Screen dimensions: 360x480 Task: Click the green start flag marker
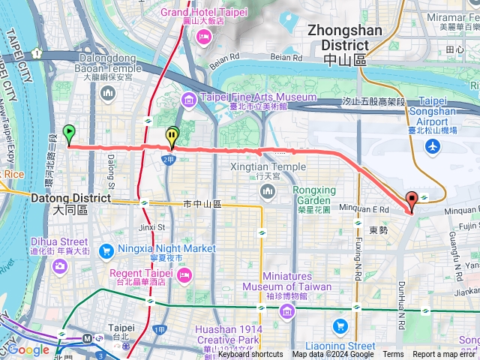[x=69, y=133]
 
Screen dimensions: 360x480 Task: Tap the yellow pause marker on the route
[x=172, y=136]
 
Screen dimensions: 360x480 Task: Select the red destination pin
[x=412, y=200]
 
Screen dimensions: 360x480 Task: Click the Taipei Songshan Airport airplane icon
[x=433, y=146]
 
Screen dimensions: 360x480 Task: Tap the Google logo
[x=28, y=349]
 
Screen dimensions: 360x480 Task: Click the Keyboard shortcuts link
[x=250, y=355]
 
